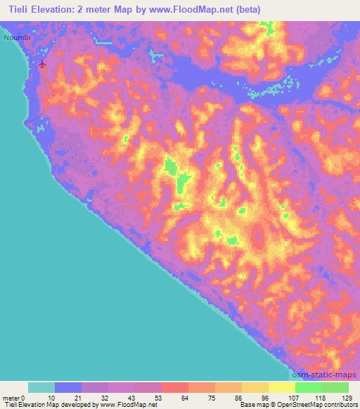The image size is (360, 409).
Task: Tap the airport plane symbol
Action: [43, 65]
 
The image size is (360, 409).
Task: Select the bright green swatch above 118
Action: [308, 387]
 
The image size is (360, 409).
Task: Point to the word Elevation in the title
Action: [58, 9]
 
